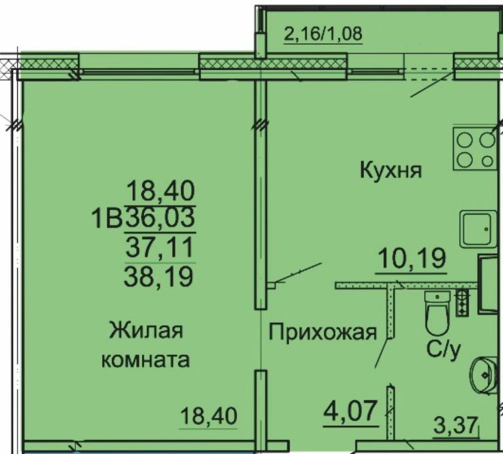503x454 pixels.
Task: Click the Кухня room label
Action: [x=390, y=170]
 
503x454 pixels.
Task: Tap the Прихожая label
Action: [x=322, y=332]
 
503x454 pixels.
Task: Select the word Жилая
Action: [x=146, y=330]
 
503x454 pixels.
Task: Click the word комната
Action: [x=146, y=360]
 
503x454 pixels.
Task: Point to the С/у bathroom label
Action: [x=444, y=350]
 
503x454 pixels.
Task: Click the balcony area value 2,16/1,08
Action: [x=323, y=33]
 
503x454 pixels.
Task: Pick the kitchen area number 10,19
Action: [x=412, y=258]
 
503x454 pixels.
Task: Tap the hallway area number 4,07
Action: [x=350, y=411]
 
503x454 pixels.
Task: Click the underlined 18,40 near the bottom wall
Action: [x=209, y=416]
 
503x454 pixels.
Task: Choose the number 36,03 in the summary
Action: [x=160, y=217]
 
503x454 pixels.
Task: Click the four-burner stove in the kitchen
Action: [x=475, y=149]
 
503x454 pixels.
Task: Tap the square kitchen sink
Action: [x=477, y=229]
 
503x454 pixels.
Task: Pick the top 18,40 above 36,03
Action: [x=161, y=190]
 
